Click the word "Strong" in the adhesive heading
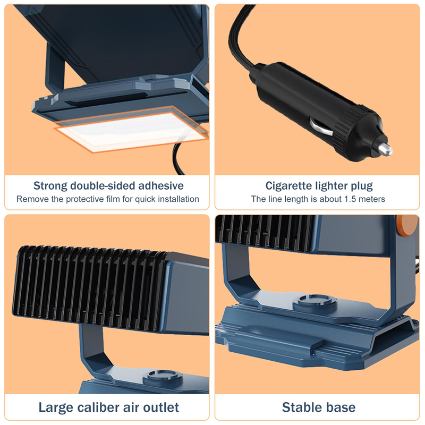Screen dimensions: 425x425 50,185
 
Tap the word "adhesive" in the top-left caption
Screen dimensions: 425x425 161,185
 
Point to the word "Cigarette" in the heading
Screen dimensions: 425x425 288,186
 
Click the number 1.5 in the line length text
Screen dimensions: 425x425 350,199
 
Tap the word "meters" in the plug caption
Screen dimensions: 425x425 371,199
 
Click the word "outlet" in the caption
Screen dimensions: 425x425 161,407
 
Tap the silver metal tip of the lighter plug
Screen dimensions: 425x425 385,149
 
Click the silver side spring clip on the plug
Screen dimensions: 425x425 321,127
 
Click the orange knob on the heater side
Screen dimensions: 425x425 407,225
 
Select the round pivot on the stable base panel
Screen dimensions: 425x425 315,301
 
